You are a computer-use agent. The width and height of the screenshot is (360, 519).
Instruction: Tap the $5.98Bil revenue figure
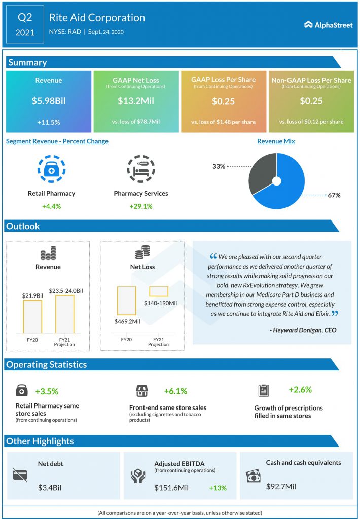point(49,101)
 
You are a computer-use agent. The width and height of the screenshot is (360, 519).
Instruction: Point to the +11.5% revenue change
point(48,122)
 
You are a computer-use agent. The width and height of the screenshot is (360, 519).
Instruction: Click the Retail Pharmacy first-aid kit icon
point(51,169)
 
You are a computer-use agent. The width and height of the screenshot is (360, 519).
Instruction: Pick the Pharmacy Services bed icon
point(140,169)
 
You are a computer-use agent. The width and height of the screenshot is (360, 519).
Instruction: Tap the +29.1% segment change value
point(140,206)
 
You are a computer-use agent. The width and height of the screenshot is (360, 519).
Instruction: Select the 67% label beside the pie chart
point(334,195)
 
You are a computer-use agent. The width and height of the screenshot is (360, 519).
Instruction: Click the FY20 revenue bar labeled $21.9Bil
point(32,317)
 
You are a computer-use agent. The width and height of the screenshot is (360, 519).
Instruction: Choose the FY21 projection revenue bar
point(64,314)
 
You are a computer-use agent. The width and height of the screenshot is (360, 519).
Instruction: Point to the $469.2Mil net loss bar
point(126,301)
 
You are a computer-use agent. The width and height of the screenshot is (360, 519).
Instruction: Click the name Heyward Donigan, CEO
point(303,330)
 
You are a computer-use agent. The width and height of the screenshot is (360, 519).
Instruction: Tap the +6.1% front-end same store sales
point(175,391)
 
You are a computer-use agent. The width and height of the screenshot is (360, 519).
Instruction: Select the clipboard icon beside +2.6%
point(263,391)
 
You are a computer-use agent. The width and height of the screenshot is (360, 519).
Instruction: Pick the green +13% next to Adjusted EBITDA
point(218,488)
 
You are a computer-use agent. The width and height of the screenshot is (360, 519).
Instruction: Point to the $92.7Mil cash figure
point(281,486)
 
